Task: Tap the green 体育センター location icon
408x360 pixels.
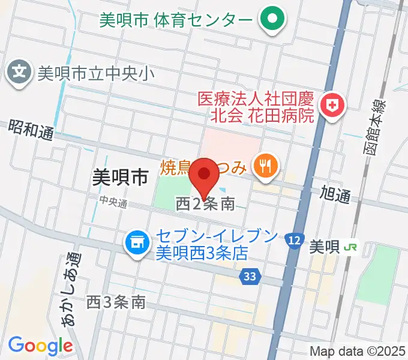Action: click(272, 20)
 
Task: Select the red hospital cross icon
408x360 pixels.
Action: click(331, 107)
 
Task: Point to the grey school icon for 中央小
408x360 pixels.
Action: click(20, 74)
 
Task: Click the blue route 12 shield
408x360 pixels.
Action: click(293, 239)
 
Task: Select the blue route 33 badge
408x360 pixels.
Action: click(251, 276)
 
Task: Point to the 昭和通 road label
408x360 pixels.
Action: click(31, 130)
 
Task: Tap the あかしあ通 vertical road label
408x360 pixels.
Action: click(70, 289)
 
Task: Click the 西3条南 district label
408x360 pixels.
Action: click(116, 302)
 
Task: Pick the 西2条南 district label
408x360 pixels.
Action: click(205, 205)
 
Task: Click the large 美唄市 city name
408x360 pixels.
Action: click(121, 176)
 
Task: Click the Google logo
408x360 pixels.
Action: click(40, 346)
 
